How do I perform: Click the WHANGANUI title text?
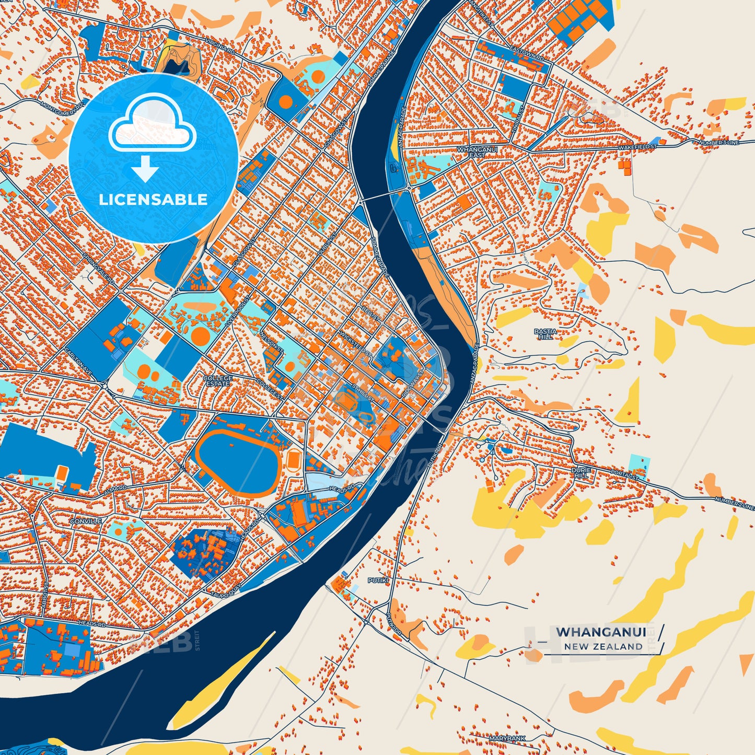coord(601,632)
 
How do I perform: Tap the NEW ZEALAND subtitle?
coord(603,646)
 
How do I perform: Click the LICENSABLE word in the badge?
coord(153,199)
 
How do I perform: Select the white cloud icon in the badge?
coord(152,124)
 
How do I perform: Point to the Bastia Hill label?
coord(545,334)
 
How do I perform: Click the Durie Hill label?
coord(582,473)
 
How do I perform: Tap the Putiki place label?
coord(377,580)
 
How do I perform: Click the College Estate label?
coord(218,381)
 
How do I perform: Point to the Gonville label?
coord(86,521)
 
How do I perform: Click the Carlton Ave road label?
coord(78,358)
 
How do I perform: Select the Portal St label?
coord(625,475)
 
